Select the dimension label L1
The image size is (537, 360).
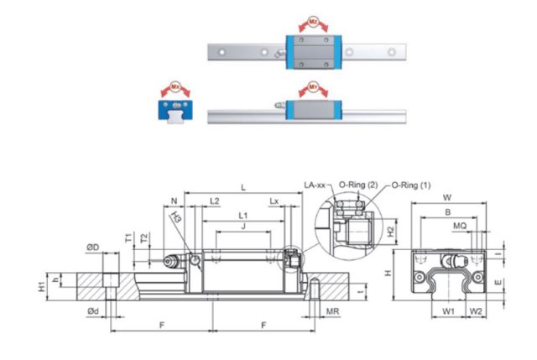pos(242,216)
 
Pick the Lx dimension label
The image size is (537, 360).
pos(275,201)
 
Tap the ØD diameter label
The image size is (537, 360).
pos(93,248)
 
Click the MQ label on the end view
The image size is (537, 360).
pos(461,226)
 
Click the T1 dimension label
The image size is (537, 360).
pos(128,237)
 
